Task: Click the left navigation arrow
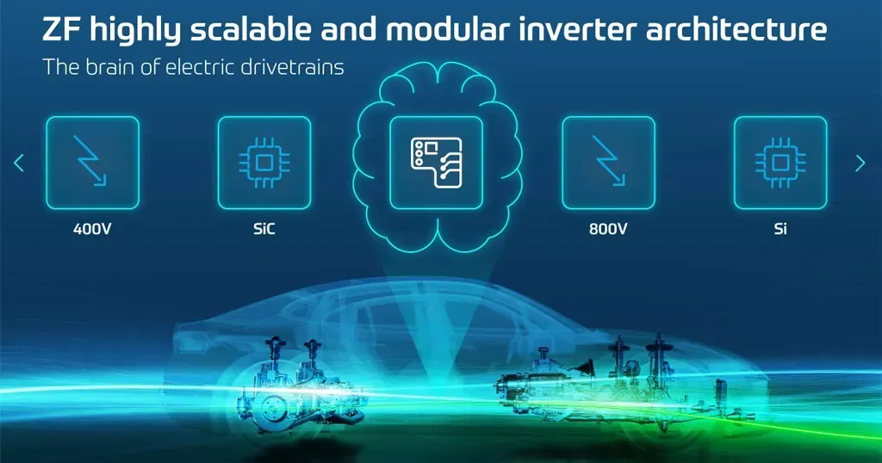19,163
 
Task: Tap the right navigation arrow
860,163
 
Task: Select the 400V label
91,230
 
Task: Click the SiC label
264,230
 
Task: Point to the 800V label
608,230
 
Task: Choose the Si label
780,230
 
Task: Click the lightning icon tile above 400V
91,163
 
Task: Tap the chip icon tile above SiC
264,163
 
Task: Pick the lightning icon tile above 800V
608,163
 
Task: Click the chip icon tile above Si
780,163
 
